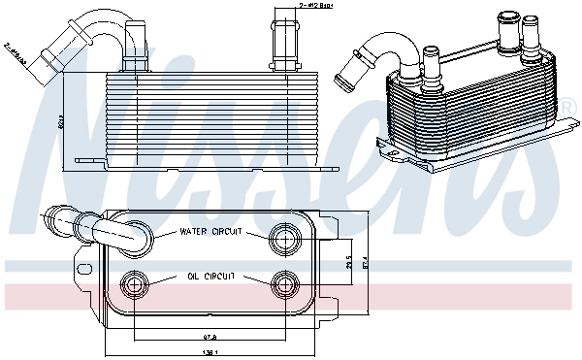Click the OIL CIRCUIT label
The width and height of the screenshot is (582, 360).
[x=210, y=277]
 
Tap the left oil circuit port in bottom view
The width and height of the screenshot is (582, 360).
[x=134, y=282]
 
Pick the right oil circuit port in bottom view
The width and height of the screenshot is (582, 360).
[x=285, y=283]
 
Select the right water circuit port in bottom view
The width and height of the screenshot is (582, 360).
[x=285, y=235]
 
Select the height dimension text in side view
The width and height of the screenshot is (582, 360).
[x=59, y=123]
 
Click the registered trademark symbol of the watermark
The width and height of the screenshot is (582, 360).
[x=566, y=104]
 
